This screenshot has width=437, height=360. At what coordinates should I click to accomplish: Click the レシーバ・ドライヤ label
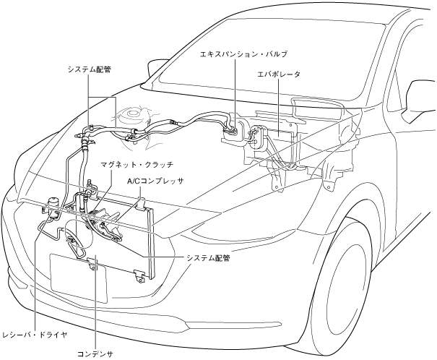click(x=34, y=335)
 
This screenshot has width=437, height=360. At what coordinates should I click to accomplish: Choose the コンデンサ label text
click(x=95, y=353)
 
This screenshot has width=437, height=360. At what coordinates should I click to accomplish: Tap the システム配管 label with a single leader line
click(x=207, y=257)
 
